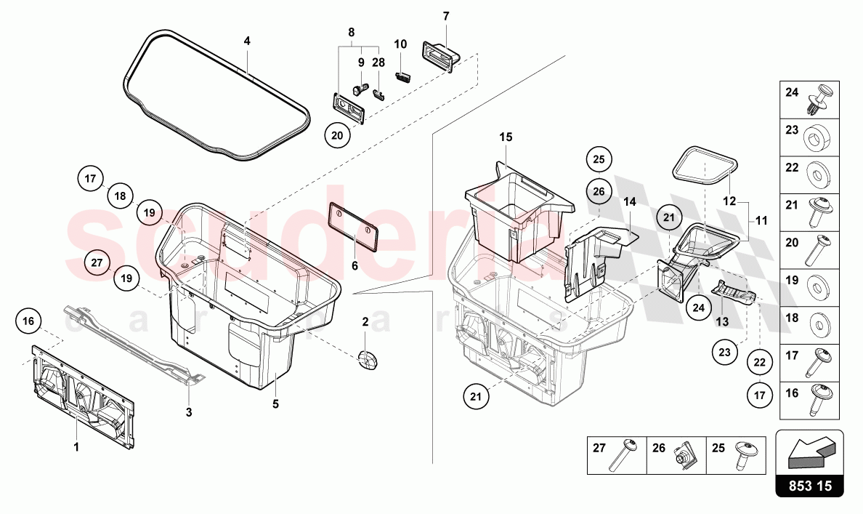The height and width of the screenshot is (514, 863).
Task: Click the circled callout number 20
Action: [337, 135]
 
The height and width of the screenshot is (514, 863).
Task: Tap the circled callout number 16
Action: [28, 321]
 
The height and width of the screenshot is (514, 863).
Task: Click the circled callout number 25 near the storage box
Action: [600, 159]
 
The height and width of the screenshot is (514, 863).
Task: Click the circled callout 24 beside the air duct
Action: [698, 307]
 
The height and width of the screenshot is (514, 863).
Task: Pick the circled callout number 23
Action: [724, 353]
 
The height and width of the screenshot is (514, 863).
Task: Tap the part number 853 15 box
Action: [810, 486]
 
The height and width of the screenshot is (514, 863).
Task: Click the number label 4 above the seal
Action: [247, 41]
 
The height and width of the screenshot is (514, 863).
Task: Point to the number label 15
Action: [506, 137]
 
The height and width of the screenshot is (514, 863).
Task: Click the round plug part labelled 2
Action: [368, 359]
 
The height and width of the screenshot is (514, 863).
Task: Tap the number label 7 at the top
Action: [446, 16]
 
